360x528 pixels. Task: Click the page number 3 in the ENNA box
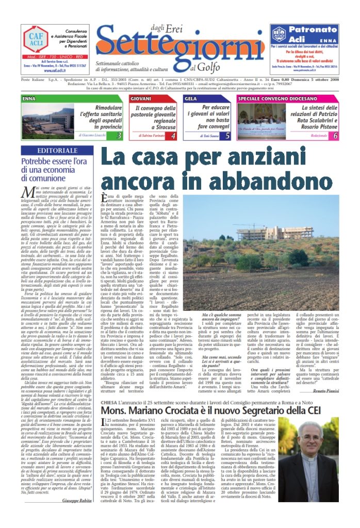(119, 136)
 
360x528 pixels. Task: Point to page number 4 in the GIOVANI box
(173, 136)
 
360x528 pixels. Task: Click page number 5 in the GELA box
(227, 136)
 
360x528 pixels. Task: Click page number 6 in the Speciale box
(335, 136)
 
